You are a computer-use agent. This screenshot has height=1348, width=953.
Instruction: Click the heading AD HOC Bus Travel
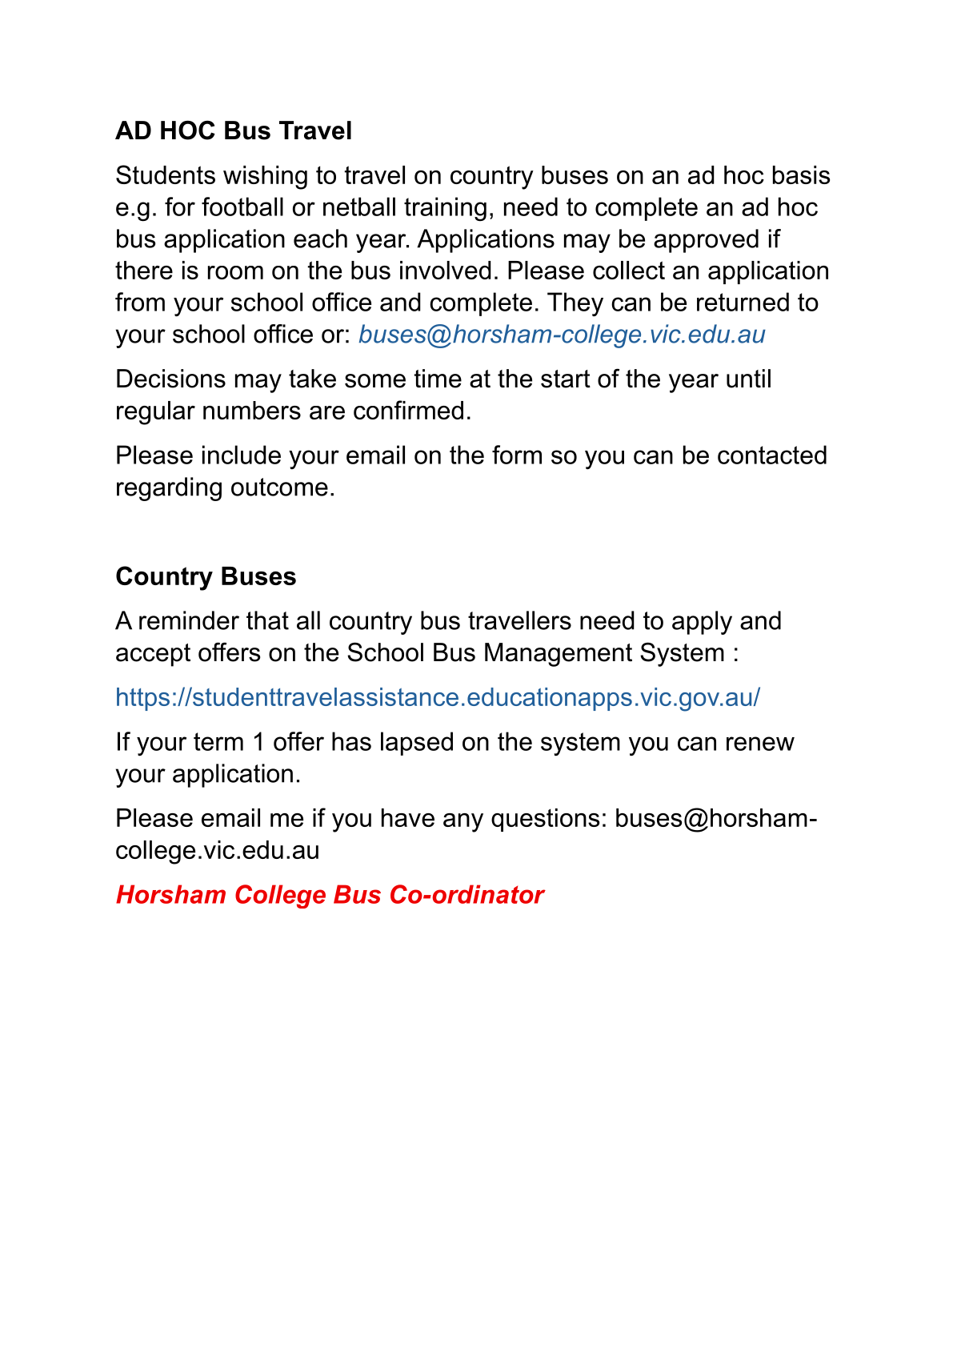234,130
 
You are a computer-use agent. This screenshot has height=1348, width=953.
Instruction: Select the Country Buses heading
206,576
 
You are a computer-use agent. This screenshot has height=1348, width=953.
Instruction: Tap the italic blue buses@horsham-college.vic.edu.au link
562,335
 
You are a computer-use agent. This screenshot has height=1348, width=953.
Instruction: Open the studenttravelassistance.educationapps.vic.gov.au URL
438,697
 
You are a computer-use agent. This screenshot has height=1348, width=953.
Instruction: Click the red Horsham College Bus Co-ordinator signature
330,894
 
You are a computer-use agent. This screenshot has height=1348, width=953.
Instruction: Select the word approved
688,239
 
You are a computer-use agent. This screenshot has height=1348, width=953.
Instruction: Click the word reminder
188,621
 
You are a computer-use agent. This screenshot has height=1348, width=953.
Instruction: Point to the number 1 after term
258,742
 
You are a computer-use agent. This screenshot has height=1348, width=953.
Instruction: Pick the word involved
448,271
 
